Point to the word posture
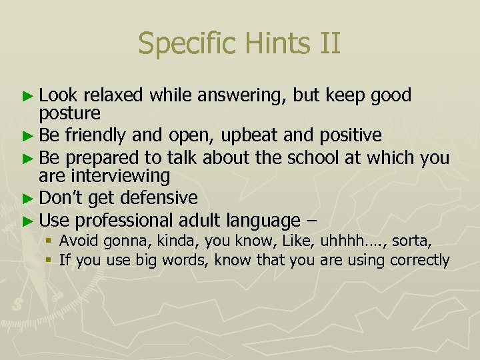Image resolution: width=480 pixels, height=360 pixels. [70, 113]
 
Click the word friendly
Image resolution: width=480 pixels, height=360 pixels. [95, 136]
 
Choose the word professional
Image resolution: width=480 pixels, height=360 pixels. [125, 220]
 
